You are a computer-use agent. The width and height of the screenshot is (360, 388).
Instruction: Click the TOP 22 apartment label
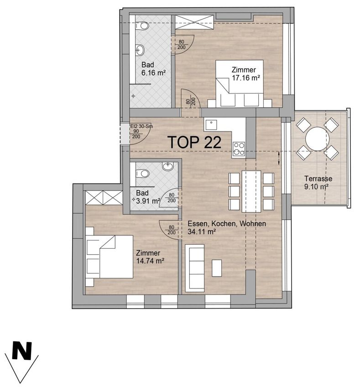click(x=194, y=142)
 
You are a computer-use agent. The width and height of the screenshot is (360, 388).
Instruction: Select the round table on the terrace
click(x=317, y=139)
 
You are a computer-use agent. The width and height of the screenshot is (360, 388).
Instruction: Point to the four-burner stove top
click(x=239, y=149)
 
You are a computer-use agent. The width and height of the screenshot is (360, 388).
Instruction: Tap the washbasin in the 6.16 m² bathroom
click(x=140, y=51)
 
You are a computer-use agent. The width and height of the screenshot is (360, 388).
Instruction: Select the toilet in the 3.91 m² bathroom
click(x=142, y=173)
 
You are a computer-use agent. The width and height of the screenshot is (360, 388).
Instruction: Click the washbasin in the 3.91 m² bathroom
click(x=168, y=166)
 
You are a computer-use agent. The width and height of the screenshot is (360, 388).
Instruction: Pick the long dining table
click(x=251, y=192)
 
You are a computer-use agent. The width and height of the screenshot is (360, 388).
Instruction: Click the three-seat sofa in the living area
click(x=195, y=267)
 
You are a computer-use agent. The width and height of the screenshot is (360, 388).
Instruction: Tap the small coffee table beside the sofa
click(x=217, y=268)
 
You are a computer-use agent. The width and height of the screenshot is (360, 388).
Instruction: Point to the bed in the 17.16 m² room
click(x=240, y=84)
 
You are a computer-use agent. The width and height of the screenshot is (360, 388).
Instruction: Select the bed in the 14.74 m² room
click(x=109, y=257)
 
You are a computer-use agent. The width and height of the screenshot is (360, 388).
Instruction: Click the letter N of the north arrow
click(x=22, y=351)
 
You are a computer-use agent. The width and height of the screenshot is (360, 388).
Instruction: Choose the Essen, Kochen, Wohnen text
click(x=227, y=224)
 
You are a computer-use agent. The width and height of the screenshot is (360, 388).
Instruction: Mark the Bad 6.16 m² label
click(x=153, y=69)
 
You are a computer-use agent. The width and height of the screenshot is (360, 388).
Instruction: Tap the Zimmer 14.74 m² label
click(x=151, y=257)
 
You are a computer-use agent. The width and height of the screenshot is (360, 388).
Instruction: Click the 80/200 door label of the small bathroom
click(x=172, y=198)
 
